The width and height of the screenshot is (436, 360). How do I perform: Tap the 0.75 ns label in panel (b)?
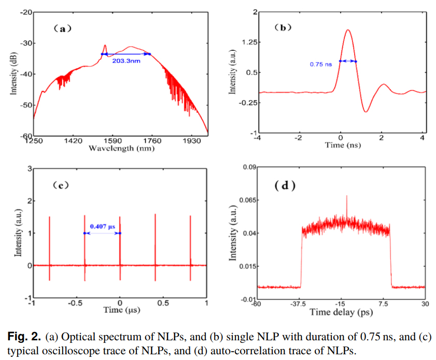coord(320,64)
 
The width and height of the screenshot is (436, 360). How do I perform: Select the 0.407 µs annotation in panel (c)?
coord(102,226)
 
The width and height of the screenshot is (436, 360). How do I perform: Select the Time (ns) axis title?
coord(343,146)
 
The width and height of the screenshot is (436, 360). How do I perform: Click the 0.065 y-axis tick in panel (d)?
coord(243,200)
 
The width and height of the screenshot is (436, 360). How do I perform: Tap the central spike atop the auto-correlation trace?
coord(346,196)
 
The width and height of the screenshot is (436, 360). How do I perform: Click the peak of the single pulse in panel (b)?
coord(347,30)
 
